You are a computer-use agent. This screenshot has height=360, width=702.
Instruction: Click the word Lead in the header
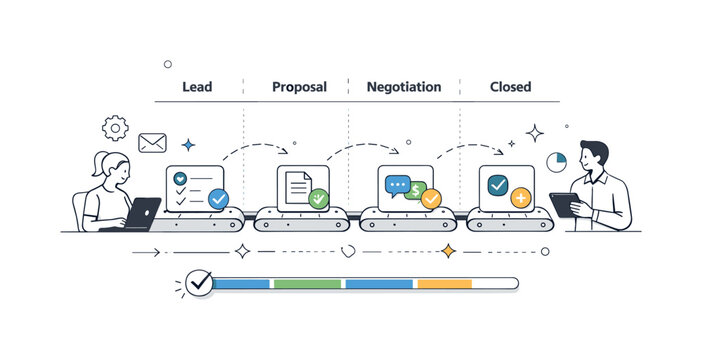click(x=197, y=87)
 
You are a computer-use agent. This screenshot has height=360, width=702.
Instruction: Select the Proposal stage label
click(x=299, y=87)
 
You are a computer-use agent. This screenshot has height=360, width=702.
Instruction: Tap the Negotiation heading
click(x=403, y=87)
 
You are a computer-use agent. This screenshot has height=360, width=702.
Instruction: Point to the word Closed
click(x=510, y=87)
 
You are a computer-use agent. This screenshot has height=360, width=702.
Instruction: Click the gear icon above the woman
click(x=116, y=128)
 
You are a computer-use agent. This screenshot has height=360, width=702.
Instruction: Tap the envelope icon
click(x=152, y=143)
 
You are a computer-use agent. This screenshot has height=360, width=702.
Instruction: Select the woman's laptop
click(x=143, y=213)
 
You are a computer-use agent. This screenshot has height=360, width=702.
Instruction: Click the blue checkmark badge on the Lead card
click(x=218, y=198)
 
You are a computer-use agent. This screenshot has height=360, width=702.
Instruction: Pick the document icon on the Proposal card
click(x=297, y=186)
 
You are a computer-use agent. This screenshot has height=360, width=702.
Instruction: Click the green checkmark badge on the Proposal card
click(x=318, y=198)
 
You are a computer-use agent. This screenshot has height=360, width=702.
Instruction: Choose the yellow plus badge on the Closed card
click(x=520, y=198)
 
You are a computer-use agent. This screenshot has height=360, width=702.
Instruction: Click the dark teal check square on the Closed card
click(x=498, y=184)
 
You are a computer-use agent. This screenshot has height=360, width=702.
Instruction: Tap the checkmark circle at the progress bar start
click(x=199, y=284)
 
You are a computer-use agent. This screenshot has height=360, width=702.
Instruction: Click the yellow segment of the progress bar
click(x=444, y=284)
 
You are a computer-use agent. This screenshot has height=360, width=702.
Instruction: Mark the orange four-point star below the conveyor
click(x=448, y=252)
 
